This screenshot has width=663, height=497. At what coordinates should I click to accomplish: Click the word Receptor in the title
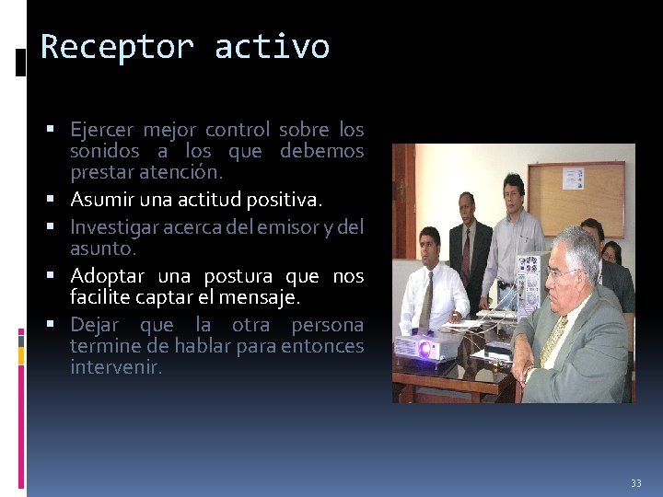pos(119,47)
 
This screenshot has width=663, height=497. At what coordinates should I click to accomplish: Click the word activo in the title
pos(272,47)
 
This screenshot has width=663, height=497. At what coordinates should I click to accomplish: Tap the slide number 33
pos(635,483)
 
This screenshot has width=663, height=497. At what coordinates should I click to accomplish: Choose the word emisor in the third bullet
pos(278,226)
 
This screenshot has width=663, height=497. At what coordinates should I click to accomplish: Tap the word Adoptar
pos(108,276)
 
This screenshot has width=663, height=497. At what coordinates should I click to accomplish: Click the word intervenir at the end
pos(116,368)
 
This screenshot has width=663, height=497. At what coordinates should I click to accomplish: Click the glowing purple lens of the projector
pos(426,350)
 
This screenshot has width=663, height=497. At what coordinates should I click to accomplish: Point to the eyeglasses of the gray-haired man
pos(564,272)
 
